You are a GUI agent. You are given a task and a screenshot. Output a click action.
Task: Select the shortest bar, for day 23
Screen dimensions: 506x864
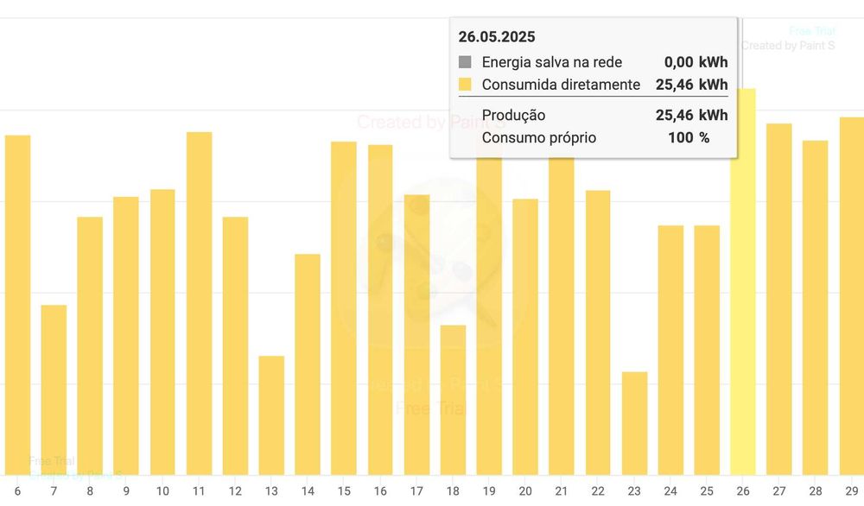634,423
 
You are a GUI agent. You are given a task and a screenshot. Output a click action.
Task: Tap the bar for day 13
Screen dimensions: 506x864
271,414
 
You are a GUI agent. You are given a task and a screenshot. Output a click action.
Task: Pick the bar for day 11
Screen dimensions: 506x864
199,302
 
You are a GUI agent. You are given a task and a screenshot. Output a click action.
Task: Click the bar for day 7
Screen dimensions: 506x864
54,389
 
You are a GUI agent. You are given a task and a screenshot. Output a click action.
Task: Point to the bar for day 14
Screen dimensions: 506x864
308,363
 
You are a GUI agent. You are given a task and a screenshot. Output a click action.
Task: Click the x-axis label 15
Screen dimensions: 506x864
344,491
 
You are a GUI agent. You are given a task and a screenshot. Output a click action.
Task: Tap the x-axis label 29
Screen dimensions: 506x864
852,491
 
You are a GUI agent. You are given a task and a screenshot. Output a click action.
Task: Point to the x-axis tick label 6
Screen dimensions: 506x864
17,491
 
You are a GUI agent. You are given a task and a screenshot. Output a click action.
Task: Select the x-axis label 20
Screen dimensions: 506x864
525,491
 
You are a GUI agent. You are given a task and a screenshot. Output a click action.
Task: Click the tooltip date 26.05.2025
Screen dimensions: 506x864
497,37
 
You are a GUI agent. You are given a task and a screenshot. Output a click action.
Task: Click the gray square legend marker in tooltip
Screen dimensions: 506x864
465,62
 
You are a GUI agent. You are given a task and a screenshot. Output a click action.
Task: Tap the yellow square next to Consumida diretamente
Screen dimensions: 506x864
465,85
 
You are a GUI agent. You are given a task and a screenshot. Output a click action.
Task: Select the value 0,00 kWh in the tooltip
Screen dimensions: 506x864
696,62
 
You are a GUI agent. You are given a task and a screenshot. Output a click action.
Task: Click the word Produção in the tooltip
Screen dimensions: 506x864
513,116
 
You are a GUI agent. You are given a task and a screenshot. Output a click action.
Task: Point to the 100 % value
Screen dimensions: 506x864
689,137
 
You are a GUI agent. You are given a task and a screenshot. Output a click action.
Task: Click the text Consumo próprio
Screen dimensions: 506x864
538,137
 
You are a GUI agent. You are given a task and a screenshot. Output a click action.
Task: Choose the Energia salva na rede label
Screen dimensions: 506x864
551,62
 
